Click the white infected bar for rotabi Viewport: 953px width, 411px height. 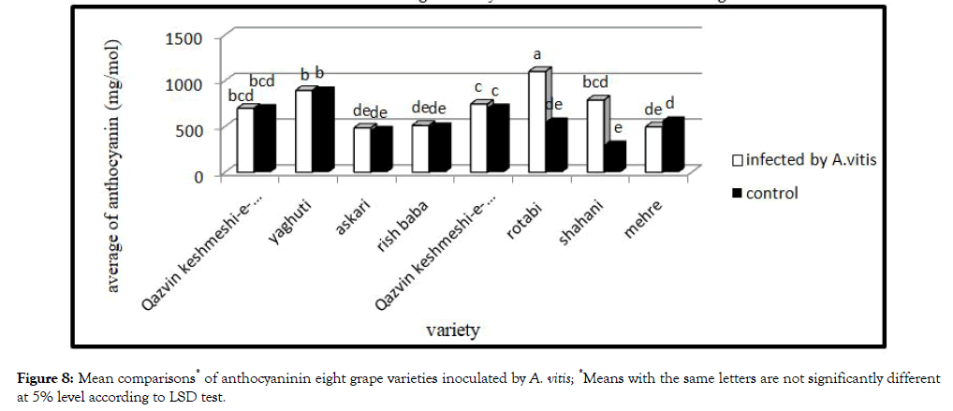pos(535,123)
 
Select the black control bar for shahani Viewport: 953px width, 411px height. pos(613,158)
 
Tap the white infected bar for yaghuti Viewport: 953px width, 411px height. pos(303,131)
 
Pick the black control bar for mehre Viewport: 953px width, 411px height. pos(671,146)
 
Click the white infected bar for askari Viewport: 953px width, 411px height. pos(360,150)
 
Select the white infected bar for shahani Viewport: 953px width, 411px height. pos(594,136)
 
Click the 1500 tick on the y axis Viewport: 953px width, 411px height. pos(185,38)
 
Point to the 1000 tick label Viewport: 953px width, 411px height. pos(185,84)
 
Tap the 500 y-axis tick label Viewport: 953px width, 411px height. pos(190,129)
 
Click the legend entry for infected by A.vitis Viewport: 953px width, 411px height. pos(802,159)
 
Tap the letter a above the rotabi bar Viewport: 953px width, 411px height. pos(537,55)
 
